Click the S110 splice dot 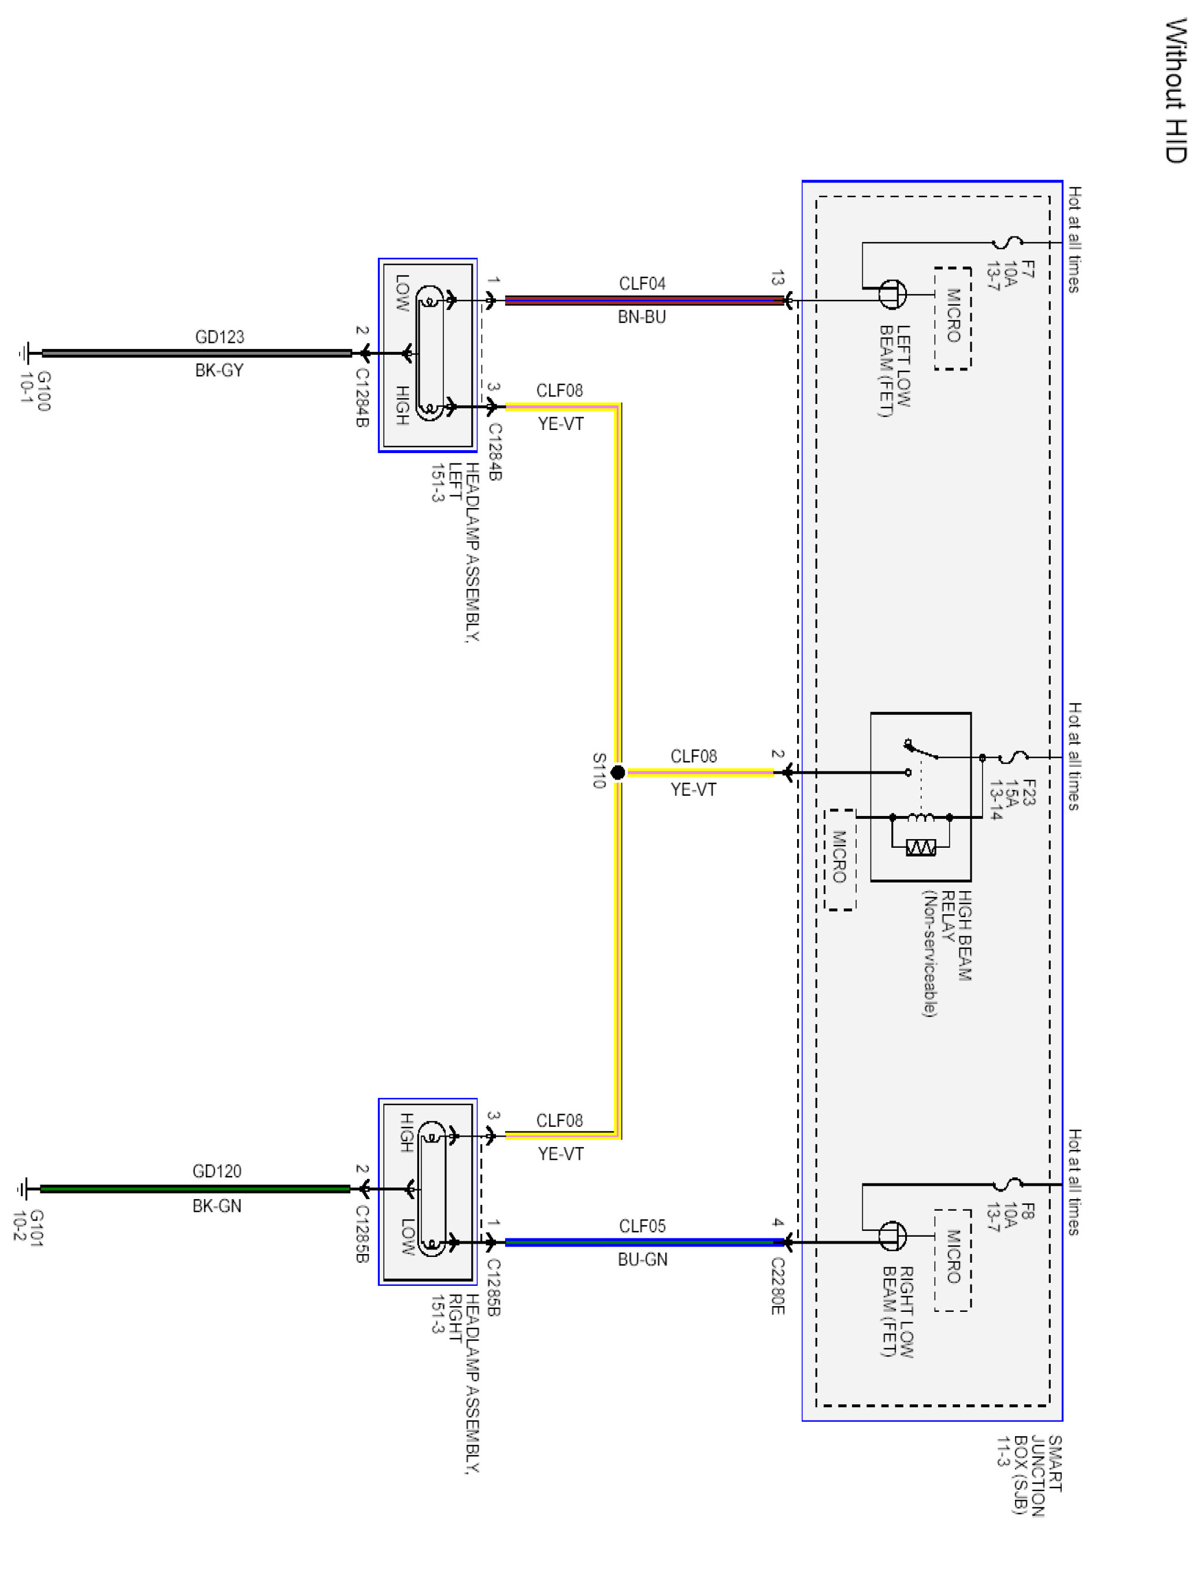[x=618, y=773]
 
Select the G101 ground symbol [x=24, y=1189]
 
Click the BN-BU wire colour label [x=642, y=317]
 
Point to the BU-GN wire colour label [x=643, y=1260]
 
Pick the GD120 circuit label [x=217, y=1171]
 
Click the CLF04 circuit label [x=642, y=284]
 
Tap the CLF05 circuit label [x=642, y=1226]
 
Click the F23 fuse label [x=1029, y=792]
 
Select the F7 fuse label [x=1028, y=269]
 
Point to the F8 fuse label [x=1028, y=1212]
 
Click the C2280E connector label [x=777, y=1286]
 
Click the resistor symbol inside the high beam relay [x=921, y=848]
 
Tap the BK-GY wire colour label [x=219, y=370]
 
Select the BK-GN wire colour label [x=217, y=1206]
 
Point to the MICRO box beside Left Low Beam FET [x=953, y=319]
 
